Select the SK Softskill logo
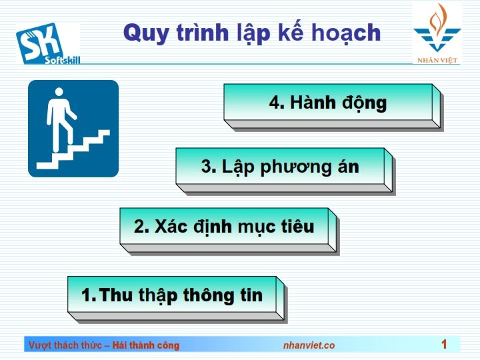click(x=49, y=44)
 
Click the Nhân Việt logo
click(x=437, y=34)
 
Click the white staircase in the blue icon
click(x=73, y=150)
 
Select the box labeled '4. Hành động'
click(x=334, y=107)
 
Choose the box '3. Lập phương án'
click(x=285, y=171)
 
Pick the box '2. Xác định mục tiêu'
click(x=229, y=231)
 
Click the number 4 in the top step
click(x=275, y=103)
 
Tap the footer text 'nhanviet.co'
click(x=309, y=345)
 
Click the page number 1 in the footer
click(x=444, y=345)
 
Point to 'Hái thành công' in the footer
click(x=146, y=345)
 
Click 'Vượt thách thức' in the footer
click(x=65, y=345)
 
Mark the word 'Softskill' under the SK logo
click(x=63, y=60)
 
